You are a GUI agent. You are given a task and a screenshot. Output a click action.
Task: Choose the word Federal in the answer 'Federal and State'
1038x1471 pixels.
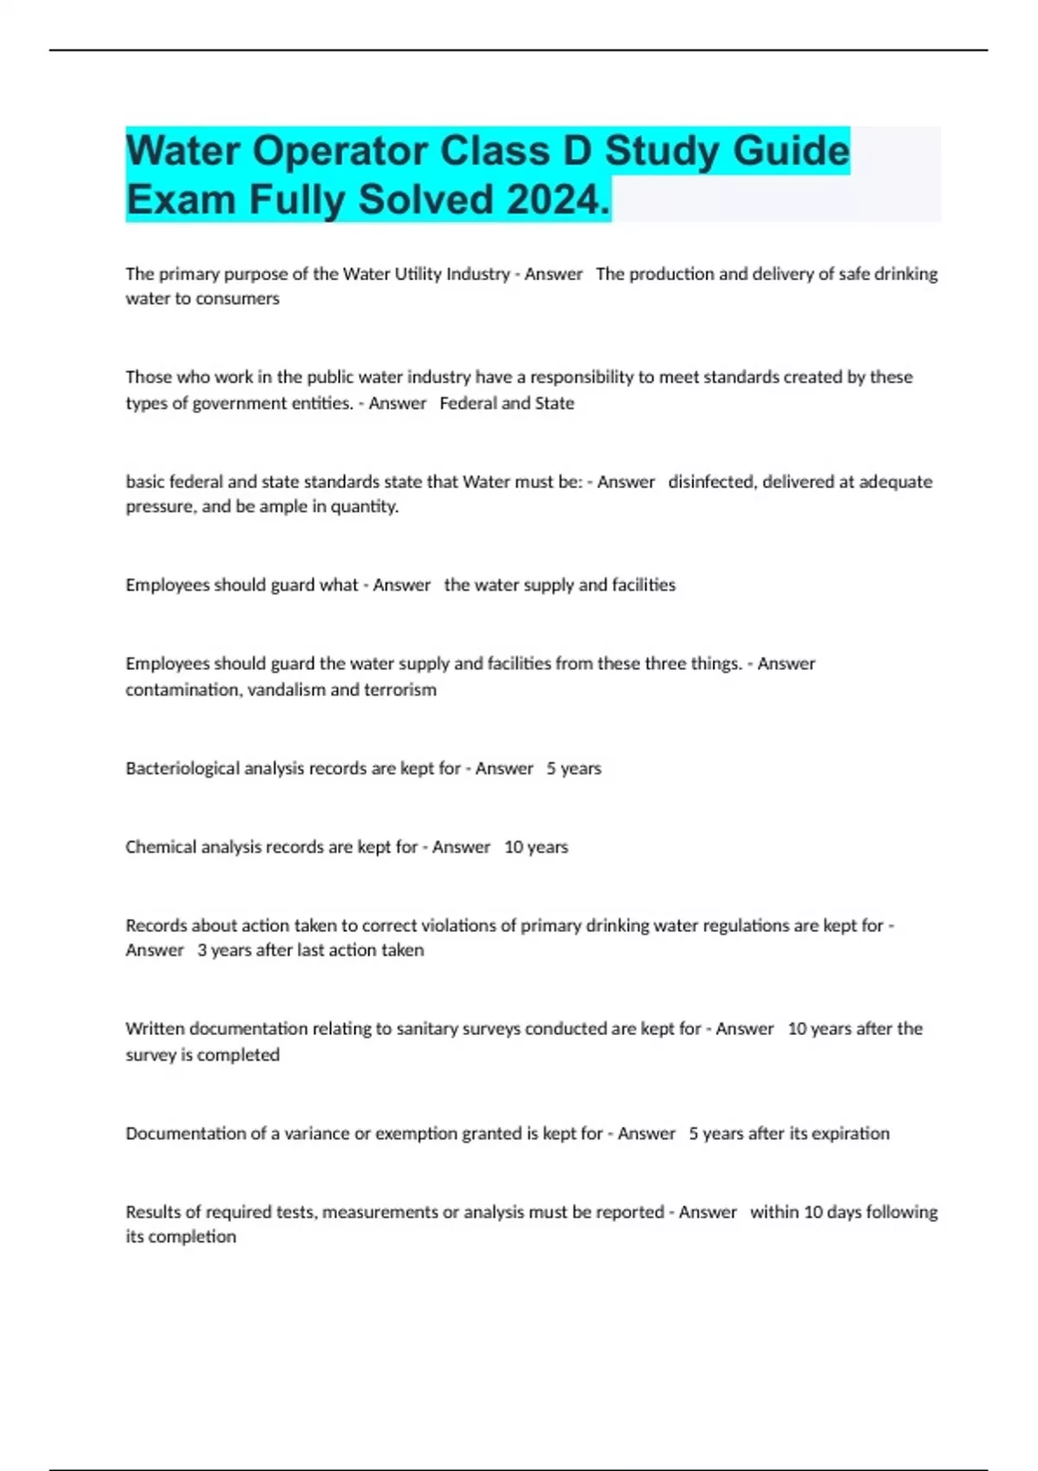point(467,403)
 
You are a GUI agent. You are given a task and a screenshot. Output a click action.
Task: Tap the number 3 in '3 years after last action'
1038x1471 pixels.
point(202,950)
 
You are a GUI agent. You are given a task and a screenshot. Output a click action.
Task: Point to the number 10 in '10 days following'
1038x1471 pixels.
point(812,1212)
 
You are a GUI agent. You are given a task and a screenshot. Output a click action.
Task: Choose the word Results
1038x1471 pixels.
point(151,1212)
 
